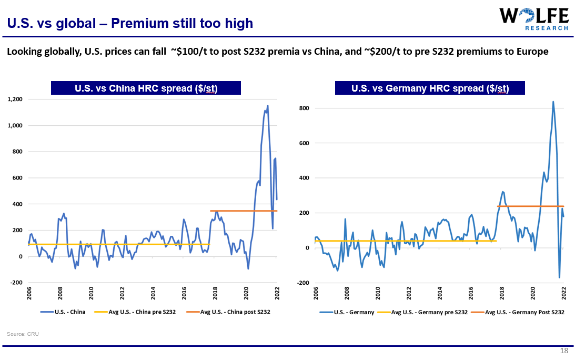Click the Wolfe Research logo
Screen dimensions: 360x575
534,19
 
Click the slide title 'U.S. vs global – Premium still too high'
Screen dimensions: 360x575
130,23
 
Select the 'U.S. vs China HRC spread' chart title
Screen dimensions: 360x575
146,88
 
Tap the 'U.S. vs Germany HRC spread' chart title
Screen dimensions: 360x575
430,88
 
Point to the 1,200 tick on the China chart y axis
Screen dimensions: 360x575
15,99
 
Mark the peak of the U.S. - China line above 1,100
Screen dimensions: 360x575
268,106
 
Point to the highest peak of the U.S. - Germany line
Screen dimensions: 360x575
553,102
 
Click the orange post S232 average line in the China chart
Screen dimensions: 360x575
242,211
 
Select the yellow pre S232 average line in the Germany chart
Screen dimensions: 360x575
405,241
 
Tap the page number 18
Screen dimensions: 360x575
564,351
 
